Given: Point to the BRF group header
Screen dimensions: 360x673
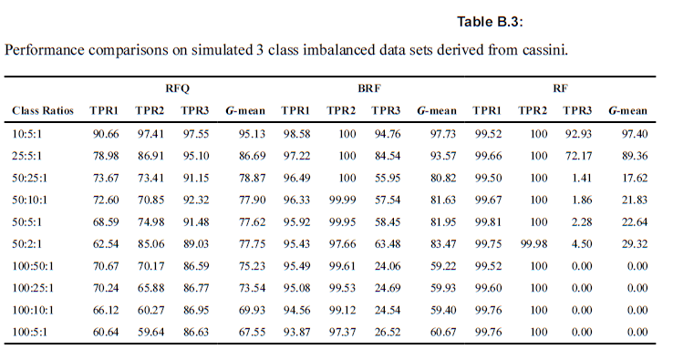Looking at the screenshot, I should coord(368,89).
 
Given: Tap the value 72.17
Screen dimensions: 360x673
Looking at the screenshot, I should coord(578,155).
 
